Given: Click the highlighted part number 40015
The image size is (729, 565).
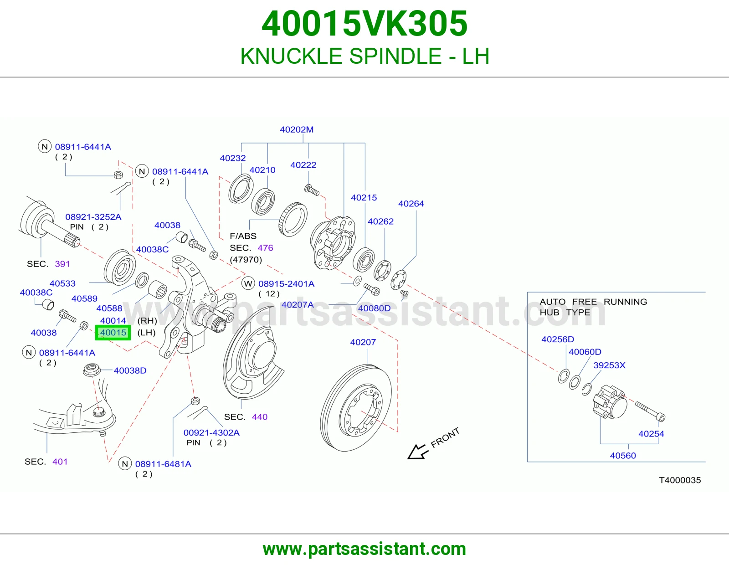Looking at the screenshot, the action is (x=113, y=333).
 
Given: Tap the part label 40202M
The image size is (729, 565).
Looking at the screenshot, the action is (x=297, y=129).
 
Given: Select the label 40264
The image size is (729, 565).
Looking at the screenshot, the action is (x=411, y=204).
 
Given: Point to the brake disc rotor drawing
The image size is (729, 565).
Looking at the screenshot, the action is (x=355, y=408).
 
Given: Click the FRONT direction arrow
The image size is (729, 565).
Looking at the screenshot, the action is (x=418, y=452).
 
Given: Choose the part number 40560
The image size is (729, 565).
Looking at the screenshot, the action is (x=623, y=456).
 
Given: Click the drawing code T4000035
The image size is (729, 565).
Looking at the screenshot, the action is (x=680, y=480).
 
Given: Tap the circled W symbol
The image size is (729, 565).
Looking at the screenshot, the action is (x=248, y=283).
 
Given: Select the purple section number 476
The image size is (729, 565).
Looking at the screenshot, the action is (x=265, y=247).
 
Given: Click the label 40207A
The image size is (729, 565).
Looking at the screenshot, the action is (x=298, y=305).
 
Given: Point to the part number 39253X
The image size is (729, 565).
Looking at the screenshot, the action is (x=609, y=365).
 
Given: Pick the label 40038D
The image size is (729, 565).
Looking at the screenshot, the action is (x=130, y=370).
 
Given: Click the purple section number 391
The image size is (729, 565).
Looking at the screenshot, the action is (x=62, y=264).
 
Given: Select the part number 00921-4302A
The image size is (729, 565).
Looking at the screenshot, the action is (x=211, y=432).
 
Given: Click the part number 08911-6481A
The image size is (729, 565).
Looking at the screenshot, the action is (x=163, y=464).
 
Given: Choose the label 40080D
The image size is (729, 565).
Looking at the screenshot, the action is (x=374, y=308).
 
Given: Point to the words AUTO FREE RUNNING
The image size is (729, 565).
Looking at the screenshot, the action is (x=593, y=302).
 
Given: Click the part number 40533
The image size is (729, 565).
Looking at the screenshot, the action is (x=62, y=283).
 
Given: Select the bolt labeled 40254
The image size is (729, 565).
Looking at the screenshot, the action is (x=650, y=411).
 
